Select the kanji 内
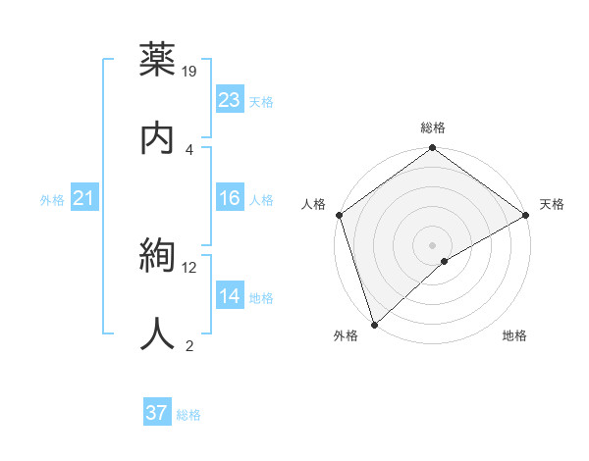158,137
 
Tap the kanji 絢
158,255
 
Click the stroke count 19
190,71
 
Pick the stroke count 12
189,267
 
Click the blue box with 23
230,100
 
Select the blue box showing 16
230,198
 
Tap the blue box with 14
230,296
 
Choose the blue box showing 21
84,199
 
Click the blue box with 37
157,413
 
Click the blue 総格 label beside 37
188,415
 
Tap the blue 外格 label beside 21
52,200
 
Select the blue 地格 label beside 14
261,297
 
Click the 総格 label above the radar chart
433,128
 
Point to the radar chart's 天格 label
552,204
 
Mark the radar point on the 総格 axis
433,149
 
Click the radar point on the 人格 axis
340,215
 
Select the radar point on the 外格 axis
374,324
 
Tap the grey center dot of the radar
433,244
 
